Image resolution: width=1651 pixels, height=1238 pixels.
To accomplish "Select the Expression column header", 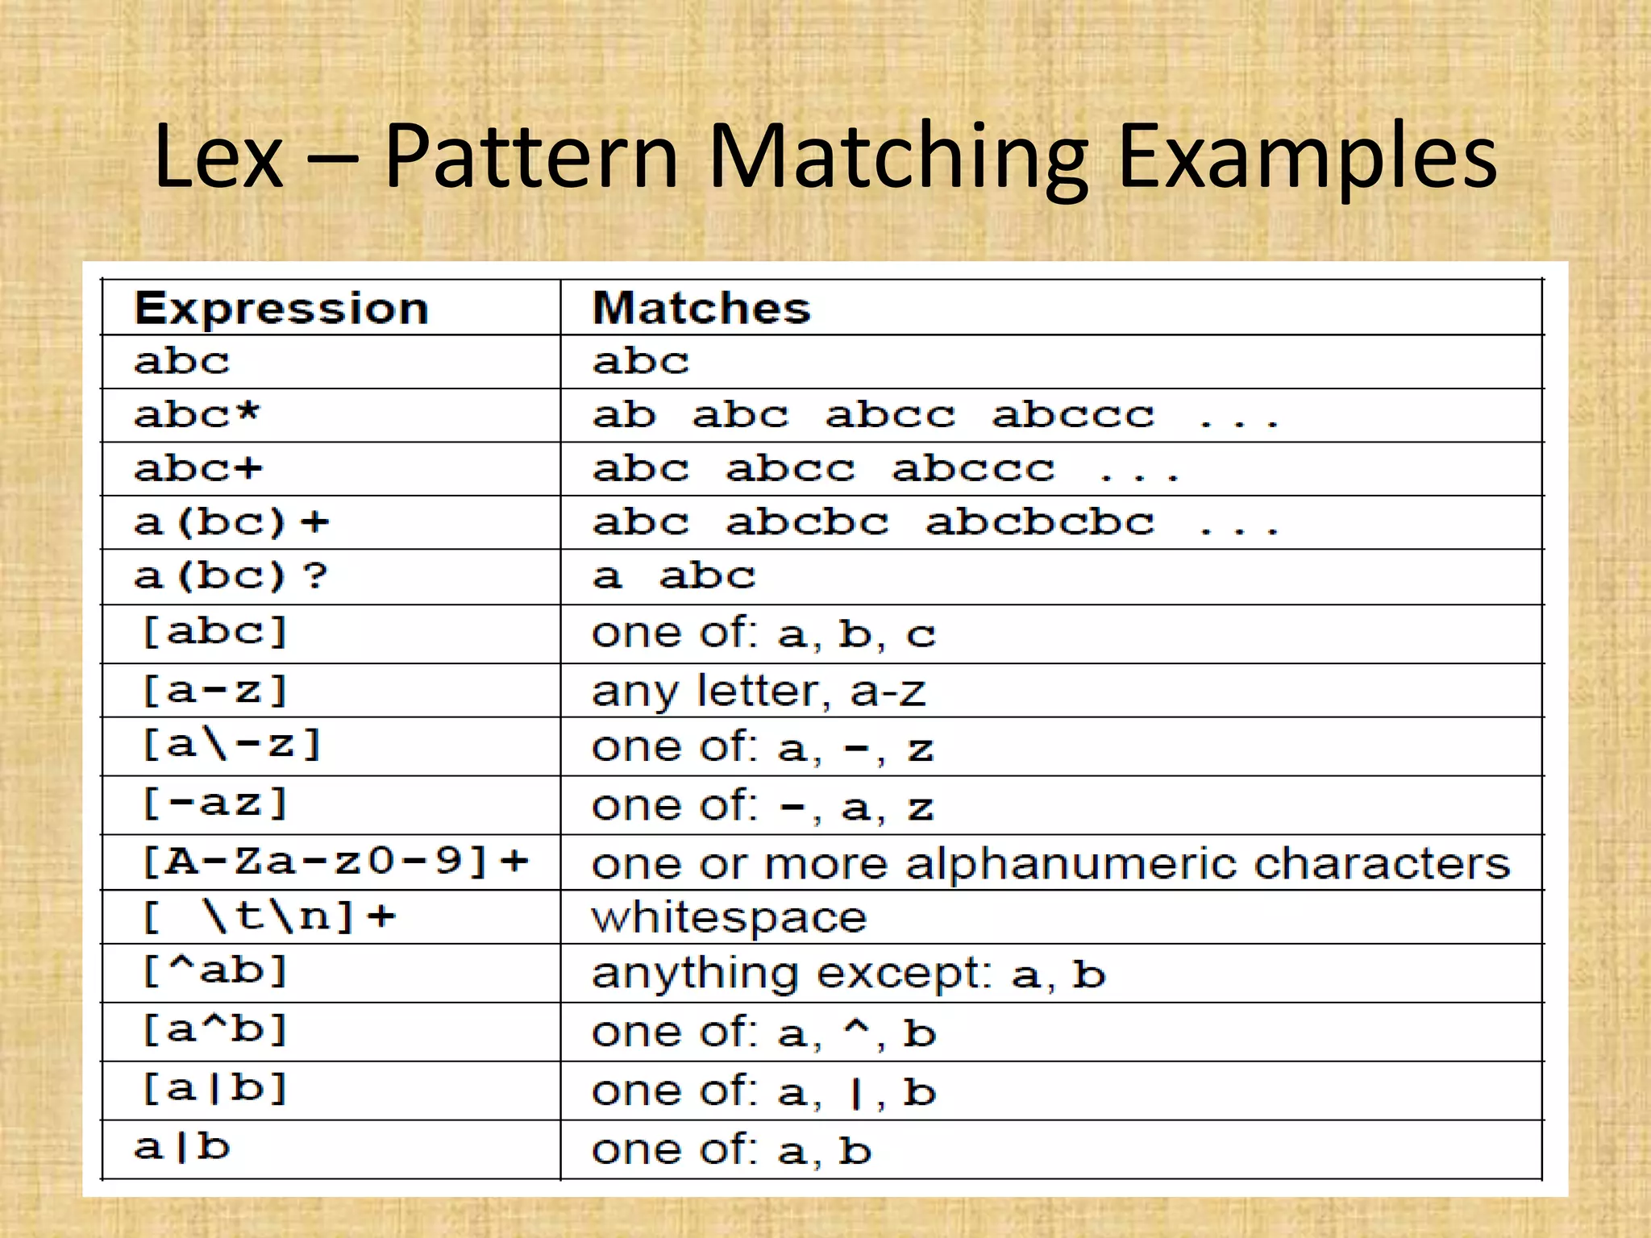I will click(x=281, y=309).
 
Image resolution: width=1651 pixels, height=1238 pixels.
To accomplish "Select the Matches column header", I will click(x=701, y=309).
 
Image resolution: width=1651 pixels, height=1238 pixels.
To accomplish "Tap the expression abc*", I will click(x=198, y=415).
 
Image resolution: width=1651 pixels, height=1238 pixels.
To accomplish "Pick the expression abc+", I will click(x=198, y=469).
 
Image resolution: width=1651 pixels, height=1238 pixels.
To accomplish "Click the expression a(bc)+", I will click(x=231, y=523).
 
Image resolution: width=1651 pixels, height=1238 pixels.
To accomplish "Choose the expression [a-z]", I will click(x=214, y=691).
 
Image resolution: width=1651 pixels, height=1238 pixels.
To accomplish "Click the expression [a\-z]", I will click(x=231, y=745).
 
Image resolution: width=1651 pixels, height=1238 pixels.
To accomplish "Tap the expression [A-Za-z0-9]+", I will click(x=335, y=862).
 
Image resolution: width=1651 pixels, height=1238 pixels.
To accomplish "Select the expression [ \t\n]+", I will click(x=268, y=917).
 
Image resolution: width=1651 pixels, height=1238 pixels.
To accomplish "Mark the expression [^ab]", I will click(x=214, y=971).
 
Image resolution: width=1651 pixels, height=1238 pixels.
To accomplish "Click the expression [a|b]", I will click(x=214, y=1089).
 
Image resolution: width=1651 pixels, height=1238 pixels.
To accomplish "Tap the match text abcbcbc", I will click(x=1039, y=523).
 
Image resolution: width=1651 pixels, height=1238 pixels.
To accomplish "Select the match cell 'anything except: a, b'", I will click(x=848, y=974).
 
